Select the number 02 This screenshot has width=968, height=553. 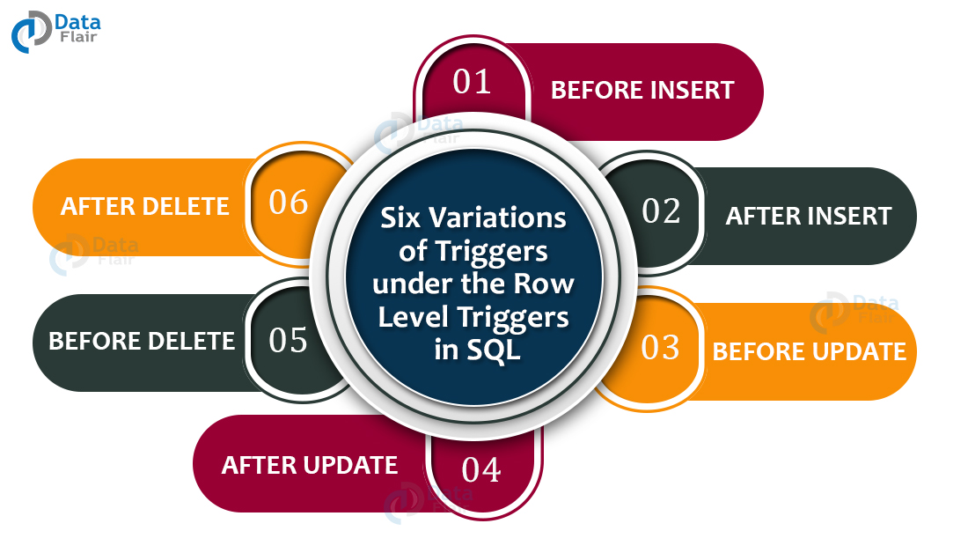[x=661, y=211]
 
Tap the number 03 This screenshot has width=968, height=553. [x=661, y=348]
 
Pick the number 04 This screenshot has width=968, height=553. [x=480, y=469]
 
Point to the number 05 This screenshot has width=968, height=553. [x=288, y=341]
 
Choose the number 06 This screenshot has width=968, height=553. [x=289, y=203]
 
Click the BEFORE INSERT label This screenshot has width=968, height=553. [x=642, y=90]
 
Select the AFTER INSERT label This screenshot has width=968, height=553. [x=809, y=216]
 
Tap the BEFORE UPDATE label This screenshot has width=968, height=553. [x=809, y=352]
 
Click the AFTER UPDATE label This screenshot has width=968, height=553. [x=310, y=465]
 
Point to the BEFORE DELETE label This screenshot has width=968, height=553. [x=142, y=341]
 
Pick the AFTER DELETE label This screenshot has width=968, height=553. [x=145, y=206]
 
